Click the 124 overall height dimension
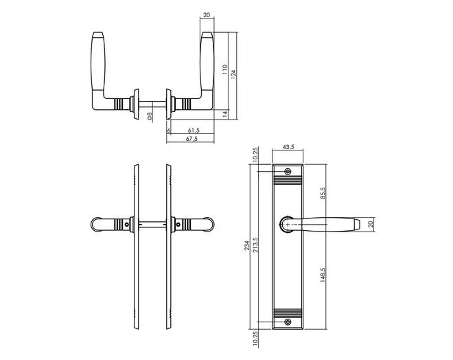(234, 75)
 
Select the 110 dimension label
(225, 70)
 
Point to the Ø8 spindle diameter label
(150, 116)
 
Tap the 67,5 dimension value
(191, 139)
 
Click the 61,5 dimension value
(194, 130)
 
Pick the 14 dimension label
(226, 114)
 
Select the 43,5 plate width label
(288, 147)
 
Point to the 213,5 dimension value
(255, 245)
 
